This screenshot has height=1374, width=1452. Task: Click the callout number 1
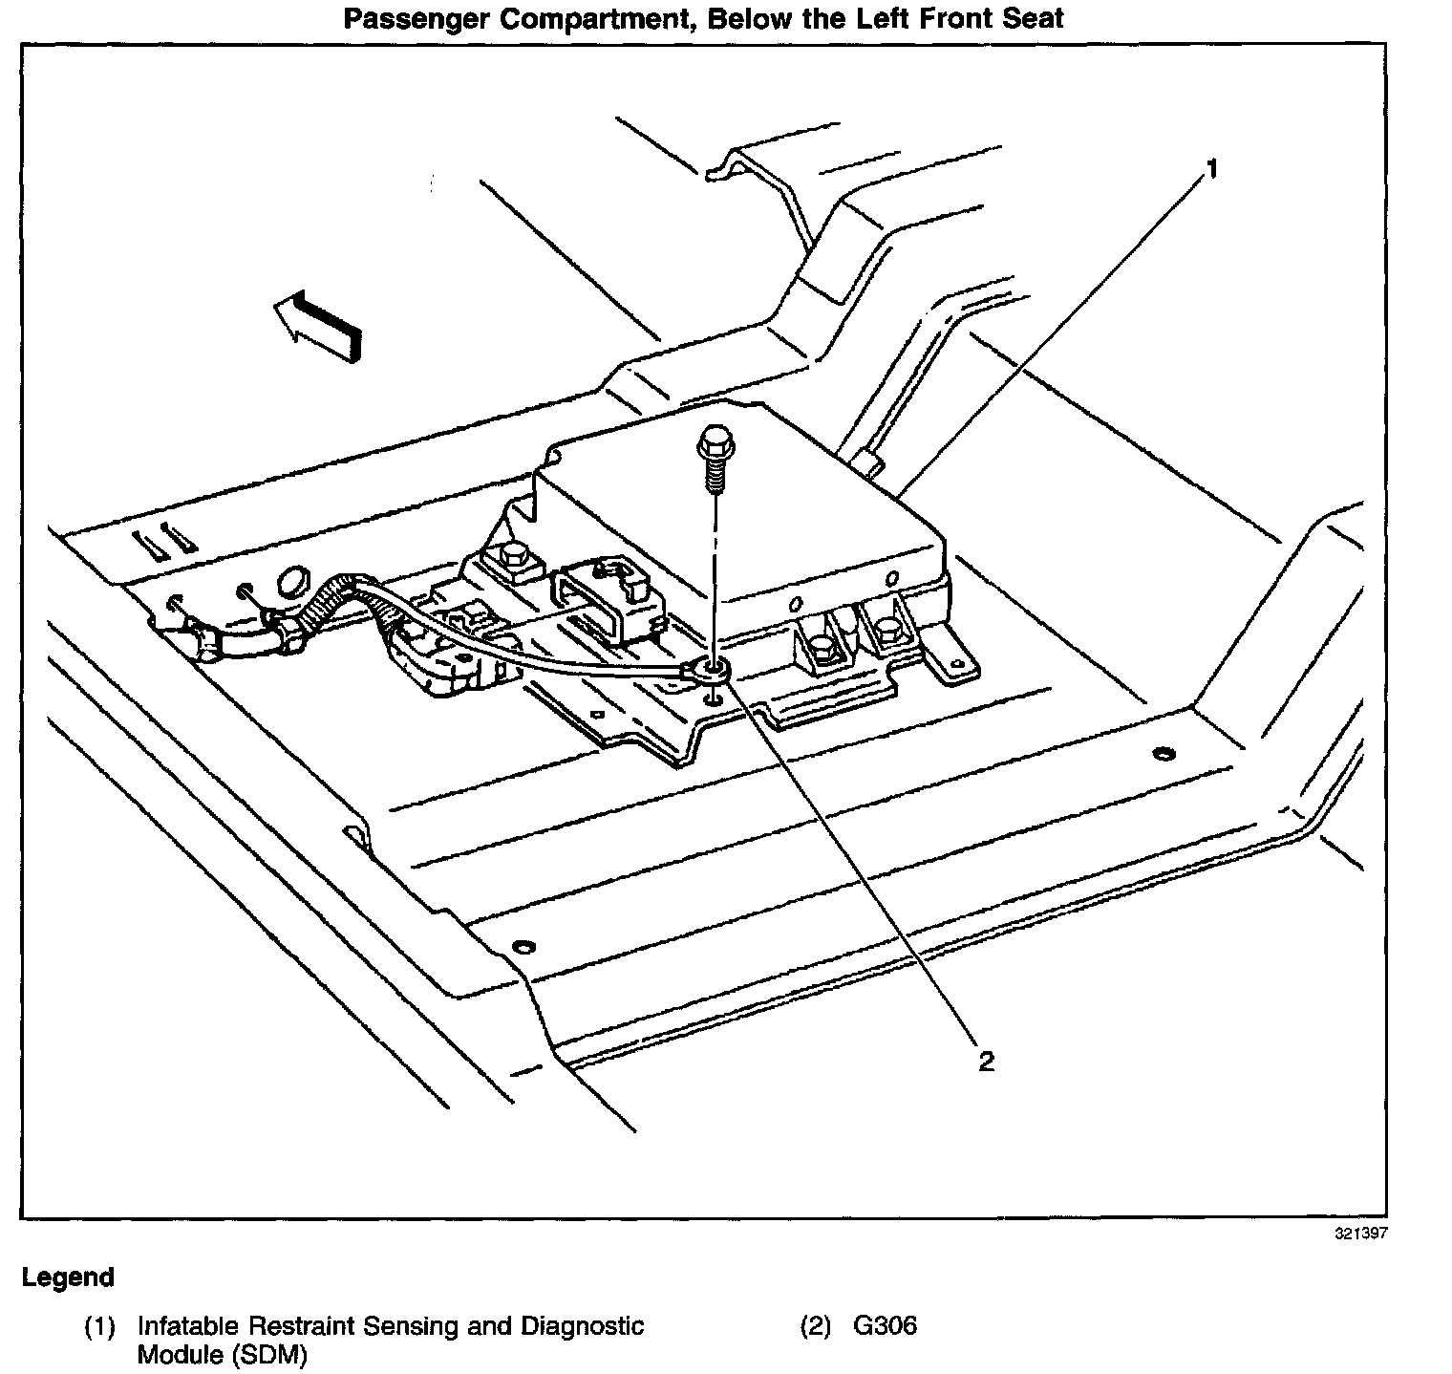[x=1211, y=170]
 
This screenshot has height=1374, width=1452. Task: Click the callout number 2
[x=986, y=1061]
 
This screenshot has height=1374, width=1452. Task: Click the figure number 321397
[x=1360, y=1234]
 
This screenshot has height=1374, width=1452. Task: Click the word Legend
[x=68, y=1277]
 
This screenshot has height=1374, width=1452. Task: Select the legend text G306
[x=886, y=1326]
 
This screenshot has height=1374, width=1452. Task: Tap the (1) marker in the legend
[x=99, y=1326]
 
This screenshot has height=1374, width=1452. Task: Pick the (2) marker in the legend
[x=815, y=1326]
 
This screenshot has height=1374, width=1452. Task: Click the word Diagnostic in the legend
[x=582, y=1326]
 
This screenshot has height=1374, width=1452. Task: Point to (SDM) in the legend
[x=271, y=1355]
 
